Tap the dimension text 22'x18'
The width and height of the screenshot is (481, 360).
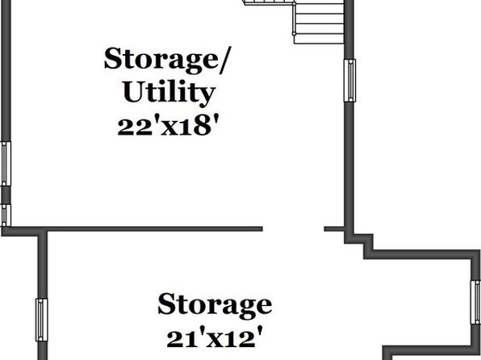[169, 126]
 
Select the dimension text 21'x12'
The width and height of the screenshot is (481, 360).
[215, 337]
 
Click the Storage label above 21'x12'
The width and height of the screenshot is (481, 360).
[215, 305]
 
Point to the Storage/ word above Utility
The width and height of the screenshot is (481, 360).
[168, 61]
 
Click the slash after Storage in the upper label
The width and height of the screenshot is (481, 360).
[226, 61]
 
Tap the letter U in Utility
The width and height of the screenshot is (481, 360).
[134, 91]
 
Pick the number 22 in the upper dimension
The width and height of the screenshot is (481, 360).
[135, 127]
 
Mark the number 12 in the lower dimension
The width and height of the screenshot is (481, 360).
[240, 339]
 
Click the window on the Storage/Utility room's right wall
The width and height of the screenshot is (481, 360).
[349, 80]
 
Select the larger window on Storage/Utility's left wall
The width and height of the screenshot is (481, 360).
[6, 164]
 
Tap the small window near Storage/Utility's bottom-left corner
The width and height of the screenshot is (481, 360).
[6, 216]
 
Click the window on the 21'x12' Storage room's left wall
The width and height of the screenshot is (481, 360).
[42, 320]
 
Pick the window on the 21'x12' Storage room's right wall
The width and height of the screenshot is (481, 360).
[476, 303]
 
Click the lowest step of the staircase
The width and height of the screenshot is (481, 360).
[319, 39]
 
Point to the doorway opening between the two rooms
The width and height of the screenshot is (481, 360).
[294, 229]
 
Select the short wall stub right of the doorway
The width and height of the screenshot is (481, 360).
[334, 229]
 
